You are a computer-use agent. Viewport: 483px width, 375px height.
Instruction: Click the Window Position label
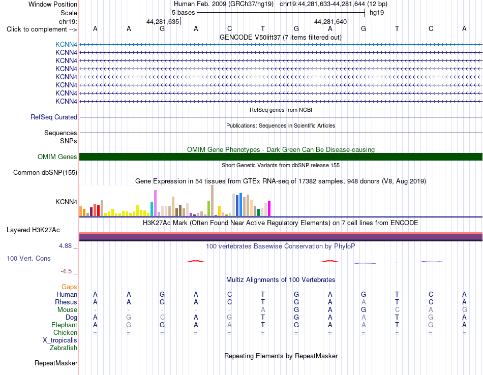pyautogui.click(x=53, y=4)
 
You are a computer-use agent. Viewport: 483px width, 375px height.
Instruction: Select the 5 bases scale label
pyautogui.click(x=183, y=13)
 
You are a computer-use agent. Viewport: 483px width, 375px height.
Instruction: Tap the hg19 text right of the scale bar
pyautogui.click(x=377, y=13)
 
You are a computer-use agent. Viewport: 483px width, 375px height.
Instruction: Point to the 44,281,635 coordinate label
pyautogui.click(x=163, y=21)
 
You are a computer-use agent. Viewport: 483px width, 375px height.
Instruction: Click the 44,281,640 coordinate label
pyautogui.click(x=330, y=21)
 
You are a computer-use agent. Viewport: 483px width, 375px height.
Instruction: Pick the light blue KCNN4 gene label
pyautogui.click(x=66, y=44)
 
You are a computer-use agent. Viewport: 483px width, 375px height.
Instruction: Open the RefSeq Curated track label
pyautogui.click(x=54, y=117)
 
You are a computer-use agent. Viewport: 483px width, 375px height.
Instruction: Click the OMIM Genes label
pyautogui.click(x=57, y=157)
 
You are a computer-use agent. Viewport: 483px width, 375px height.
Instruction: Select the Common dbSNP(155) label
pyautogui.click(x=45, y=172)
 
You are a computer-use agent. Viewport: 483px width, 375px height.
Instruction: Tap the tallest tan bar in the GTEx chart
pyautogui.click(x=212, y=200)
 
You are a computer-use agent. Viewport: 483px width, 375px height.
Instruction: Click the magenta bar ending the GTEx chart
pyautogui.click(x=269, y=208)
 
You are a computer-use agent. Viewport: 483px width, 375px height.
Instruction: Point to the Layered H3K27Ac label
pyautogui.click(x=33, y=230)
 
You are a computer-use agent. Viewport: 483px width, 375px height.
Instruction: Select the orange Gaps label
pyautogui.click(x=69, y=287)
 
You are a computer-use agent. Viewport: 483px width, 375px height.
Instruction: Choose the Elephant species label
pyautogui.click(x=65, y=325)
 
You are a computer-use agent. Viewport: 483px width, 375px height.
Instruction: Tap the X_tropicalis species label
pyautogui.click(x=60, y=340)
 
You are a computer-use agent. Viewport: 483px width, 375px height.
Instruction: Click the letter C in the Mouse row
pyautogui.click(x=397, y=310)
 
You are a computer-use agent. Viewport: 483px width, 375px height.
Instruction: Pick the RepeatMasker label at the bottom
pyautogui.click(x=56, y=363)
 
